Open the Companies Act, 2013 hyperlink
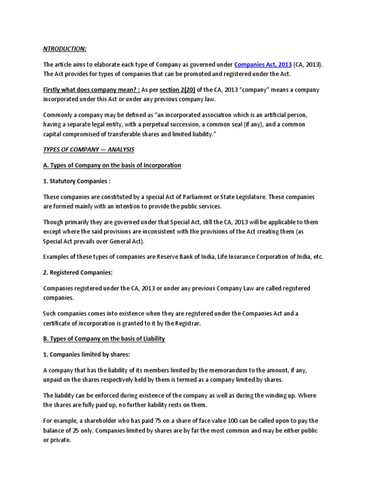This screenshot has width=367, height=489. click(x=262, y=65)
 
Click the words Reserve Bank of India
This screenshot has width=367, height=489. click(x=187, y=256)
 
